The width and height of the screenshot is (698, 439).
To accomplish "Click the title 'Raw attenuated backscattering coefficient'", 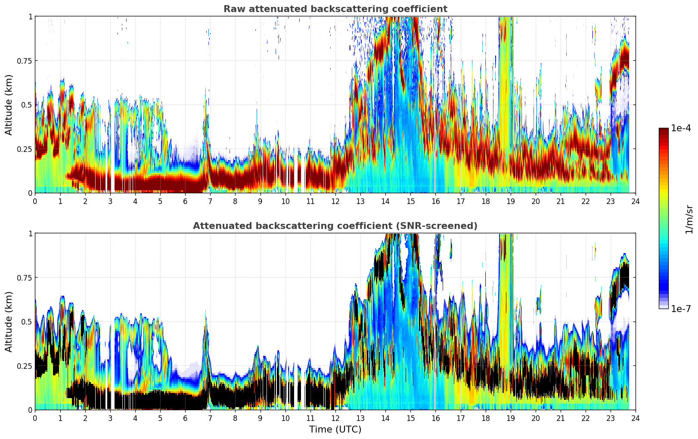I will tap(335, 9).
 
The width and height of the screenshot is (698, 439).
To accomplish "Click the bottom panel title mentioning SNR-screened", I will tap(335, 226).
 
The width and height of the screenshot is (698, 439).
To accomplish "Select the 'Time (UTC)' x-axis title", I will tap(335, 430).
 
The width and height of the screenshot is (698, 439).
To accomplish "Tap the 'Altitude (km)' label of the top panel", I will tap(9, 105).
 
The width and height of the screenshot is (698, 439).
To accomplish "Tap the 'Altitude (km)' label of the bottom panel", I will tap(9, 322).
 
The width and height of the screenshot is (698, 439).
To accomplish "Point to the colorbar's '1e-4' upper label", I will tap(681, 128).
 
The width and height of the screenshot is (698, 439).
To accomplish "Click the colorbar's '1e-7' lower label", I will tap(681, 309).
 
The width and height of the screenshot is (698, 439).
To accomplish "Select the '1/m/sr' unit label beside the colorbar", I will tap(689, 219).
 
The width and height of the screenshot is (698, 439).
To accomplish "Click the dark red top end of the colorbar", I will tap(664, 130).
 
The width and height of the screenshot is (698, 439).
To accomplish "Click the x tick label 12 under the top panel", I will tap(335, 201).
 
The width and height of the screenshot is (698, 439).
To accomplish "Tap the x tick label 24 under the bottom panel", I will tap(635, 418).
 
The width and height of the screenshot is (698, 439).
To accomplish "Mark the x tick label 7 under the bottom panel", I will tap(210, 418).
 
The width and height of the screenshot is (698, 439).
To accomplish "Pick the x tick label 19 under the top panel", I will tap(510, 201).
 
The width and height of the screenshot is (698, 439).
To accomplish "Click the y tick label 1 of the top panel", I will tap(30, 16).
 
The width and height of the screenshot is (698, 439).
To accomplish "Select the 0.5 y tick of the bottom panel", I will tap(27, 322).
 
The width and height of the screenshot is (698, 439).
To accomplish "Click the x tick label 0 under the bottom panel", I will tap(35, 418).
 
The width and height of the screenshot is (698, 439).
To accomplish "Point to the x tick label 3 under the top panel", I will tap(110, 201).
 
